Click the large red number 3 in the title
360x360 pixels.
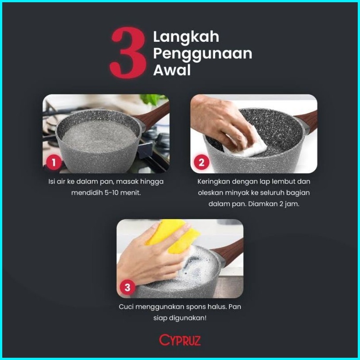[128, 52]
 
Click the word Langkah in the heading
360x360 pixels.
[186, 37]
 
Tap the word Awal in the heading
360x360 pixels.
[172, 70]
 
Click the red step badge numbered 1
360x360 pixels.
[54, 163]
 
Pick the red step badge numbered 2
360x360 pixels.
[202, 163]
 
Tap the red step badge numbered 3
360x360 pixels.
[128, 287]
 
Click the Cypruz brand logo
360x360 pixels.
[180, 340]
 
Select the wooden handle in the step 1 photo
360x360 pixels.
[154, 116]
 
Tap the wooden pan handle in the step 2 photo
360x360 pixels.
[307, 122]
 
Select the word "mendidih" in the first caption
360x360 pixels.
[87, 192]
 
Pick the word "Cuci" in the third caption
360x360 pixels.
[126, 307]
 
